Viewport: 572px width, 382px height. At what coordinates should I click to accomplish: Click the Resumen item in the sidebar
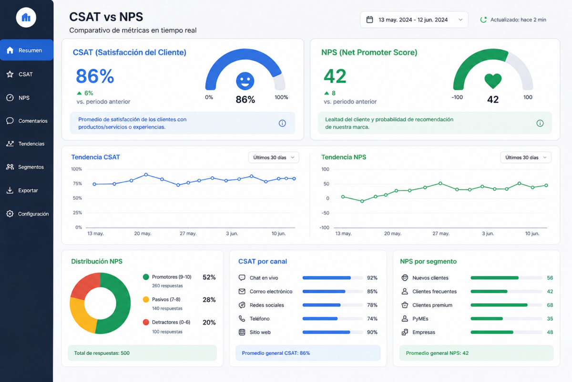[27, 50]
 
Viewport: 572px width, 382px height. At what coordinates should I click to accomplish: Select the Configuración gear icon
[10, 213]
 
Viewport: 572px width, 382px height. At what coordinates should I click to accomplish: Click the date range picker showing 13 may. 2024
[414, 20]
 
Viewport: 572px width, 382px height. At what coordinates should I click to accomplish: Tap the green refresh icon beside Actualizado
[483, 20]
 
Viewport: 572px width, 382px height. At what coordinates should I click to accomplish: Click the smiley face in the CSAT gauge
[245, 81]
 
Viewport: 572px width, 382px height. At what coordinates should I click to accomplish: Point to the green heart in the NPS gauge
[493, 81]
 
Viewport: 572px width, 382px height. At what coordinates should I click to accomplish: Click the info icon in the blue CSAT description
[282, 123]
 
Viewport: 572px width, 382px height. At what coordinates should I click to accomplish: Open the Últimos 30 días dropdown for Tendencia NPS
[525, 158]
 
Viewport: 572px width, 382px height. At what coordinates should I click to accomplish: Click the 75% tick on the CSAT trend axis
[77, 183]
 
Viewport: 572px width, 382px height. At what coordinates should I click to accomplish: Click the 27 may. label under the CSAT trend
[188, 233]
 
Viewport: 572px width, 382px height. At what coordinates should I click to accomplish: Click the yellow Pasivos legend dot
[146, 299]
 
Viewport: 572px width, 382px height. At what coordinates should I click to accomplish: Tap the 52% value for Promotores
[209, 277]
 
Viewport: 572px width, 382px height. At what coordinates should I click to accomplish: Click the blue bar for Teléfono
[320, 318]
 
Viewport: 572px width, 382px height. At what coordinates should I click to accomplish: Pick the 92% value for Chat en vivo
[372, 278]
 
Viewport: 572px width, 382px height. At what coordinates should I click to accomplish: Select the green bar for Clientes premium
[499, 305]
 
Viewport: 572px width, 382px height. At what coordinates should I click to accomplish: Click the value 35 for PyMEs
[550, 318]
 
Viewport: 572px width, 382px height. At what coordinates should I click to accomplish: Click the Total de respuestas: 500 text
[102, 353]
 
